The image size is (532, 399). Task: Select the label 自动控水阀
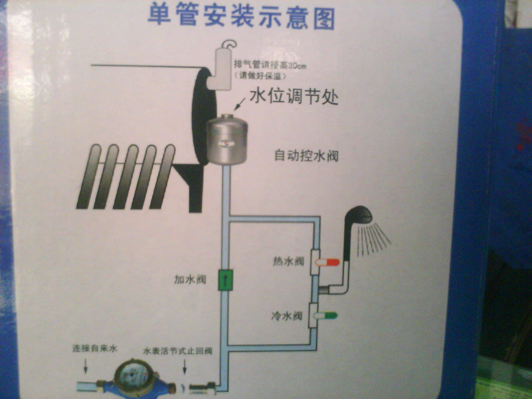tap(306, 155)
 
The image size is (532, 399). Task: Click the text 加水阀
tap(190, 279)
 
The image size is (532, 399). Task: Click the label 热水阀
tap(288, 261)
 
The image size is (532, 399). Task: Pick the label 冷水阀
tap(287, 316)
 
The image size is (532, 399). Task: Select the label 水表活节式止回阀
tap(178, 351)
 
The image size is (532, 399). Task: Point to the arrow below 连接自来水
tap(86, 366)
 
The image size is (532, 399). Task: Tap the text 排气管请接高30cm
tap(270, 65)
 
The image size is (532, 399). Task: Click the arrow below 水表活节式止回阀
tap(185, 366)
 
